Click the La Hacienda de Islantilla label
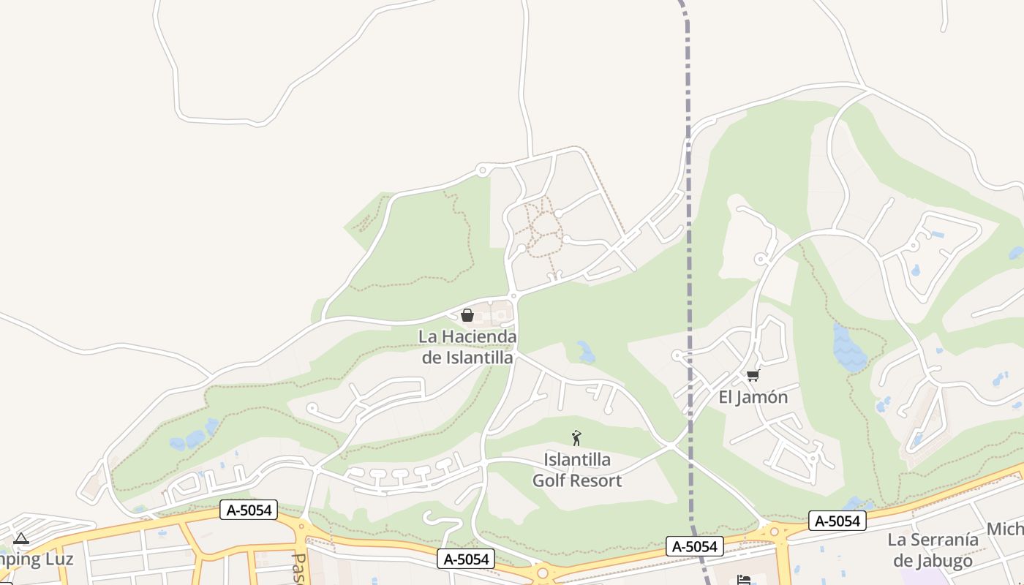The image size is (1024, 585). [468, 347]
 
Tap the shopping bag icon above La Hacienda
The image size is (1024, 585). [467, 315]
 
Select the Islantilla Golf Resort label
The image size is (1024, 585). [576, 470]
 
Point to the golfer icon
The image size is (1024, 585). [576, 438]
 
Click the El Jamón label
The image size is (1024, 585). [753, 397]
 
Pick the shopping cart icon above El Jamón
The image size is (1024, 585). [753, 375]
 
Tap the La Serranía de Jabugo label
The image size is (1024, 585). [933, 550]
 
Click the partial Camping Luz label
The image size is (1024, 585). [37, 559]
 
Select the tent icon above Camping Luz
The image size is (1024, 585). [21, 539]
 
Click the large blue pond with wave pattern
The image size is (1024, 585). [849, 346]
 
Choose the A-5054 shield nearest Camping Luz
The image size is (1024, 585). [249, 510]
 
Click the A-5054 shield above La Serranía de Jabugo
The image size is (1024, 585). [837, 521]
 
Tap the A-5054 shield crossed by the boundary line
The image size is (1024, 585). [695, 546]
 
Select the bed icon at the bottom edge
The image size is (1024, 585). [744, 579]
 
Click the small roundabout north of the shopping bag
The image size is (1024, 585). [514, 296]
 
